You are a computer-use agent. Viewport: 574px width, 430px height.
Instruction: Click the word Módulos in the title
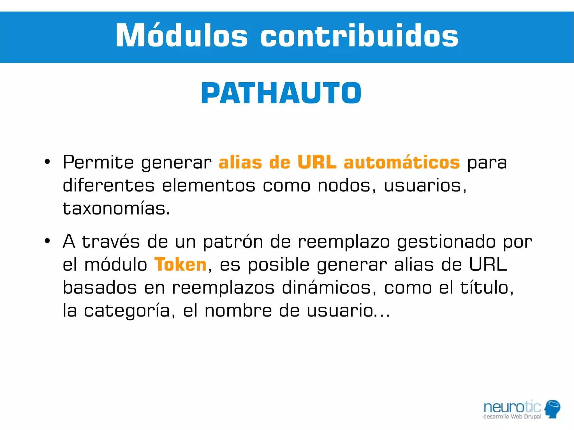(181, 36)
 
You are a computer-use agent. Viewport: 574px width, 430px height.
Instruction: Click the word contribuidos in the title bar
(359, 36)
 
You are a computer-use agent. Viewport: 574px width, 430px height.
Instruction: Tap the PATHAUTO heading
(281, 93)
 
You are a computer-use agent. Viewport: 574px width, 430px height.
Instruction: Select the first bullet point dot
(47, 162)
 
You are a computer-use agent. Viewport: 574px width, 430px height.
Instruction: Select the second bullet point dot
(47, 241)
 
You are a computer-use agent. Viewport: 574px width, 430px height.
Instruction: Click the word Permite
(98, 162)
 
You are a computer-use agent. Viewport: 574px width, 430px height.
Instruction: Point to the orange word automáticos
(401, 162)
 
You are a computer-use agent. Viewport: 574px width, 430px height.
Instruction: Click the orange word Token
(180, 264)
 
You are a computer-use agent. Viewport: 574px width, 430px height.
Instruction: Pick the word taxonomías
(116, 209)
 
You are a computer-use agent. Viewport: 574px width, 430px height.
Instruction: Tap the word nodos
(346, 186)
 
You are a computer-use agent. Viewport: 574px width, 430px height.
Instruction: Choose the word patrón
(233, 242)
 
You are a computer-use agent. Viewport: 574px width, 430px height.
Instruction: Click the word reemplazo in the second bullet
(344, 242)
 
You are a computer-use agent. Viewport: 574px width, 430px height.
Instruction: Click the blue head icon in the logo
(552, 408)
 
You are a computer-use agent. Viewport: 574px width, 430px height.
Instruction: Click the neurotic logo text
(512, 407)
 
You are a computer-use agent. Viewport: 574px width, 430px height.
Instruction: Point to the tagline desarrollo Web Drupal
(512, 417)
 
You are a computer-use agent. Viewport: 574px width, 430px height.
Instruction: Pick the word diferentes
(108, 185)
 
